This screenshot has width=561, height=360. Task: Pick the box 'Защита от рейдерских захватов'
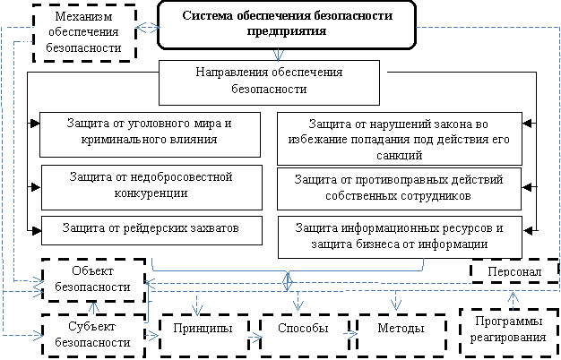(x=151, y=229)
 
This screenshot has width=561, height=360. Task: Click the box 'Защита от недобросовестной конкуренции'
(x=151, y=185)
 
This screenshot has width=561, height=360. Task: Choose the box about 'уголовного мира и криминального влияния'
(x=151, y=133)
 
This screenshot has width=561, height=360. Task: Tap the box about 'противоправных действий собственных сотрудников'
(x=399, y=187)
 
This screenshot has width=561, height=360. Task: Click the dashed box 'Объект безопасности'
(x=94, y=279)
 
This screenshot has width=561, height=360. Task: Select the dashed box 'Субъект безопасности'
(x=94, y=332)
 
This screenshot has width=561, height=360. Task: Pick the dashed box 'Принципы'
(x=203, y=330)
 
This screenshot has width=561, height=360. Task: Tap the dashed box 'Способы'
(x=301, y=330)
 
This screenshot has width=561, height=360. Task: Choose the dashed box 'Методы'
(x=400, y=330)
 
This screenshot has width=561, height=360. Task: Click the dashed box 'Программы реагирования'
(x=507, y=330)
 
